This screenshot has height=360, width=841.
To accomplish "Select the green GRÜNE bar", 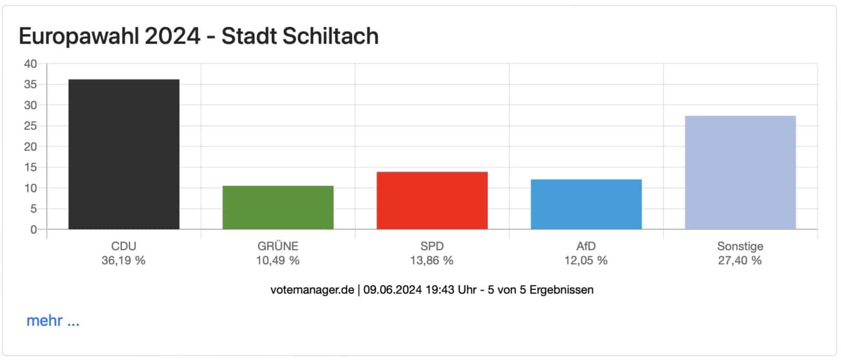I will coord(278,208).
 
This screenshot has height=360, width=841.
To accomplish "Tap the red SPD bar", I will coord(432,200).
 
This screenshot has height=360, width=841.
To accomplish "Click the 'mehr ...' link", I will coord(53,321).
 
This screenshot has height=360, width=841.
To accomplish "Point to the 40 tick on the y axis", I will coord(30,64).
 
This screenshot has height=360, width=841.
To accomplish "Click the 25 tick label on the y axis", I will coord(30,126).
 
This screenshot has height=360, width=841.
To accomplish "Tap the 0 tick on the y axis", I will coord(34,230).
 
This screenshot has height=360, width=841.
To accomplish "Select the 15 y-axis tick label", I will coord(30,168).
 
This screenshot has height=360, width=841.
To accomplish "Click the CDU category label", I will coord(124,246).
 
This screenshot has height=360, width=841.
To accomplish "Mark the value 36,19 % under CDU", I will coord(124,260).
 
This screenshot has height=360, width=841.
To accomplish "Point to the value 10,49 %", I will coord(278,260).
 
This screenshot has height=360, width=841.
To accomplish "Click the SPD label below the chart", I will coord(432,246).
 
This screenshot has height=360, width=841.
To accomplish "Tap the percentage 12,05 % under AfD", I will coord(586,260).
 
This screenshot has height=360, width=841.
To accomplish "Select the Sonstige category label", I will coord(740,246).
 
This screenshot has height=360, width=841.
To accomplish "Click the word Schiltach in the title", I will coord(330,36).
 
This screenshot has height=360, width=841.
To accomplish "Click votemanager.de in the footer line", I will coord(312,290).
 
